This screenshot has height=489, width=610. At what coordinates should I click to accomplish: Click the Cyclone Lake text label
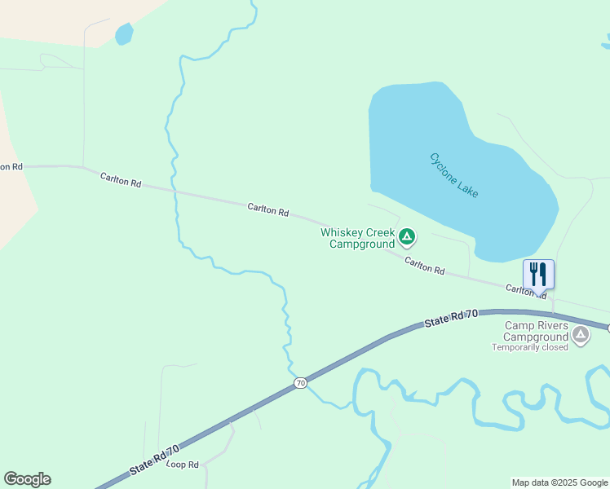[453, 174]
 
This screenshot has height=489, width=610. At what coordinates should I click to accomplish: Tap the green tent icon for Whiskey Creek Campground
[407, 237]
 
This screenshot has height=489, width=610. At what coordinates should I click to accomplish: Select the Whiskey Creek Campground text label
[357, 238]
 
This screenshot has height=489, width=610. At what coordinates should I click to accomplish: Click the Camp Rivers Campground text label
[535, 331]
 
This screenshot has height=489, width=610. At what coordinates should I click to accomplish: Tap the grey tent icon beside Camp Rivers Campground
[581, 334]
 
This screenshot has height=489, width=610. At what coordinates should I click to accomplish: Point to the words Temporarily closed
[529, 347]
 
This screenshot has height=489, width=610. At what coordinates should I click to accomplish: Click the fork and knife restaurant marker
[538, 274]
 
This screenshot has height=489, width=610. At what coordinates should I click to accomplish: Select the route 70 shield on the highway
[301, 383]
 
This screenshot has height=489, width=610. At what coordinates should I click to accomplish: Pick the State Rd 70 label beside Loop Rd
[153, 460]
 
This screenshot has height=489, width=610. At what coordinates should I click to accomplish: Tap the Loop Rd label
[183, 465]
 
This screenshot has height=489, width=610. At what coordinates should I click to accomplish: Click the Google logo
[27, 479]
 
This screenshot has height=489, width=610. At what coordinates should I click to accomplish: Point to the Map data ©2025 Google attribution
[559, 482]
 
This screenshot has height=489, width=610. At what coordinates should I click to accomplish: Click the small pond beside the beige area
[124, 34]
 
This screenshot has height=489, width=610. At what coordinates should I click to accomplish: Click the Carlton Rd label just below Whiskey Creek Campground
[425, 265]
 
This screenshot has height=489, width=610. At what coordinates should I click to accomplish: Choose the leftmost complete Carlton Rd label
[121, 180]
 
